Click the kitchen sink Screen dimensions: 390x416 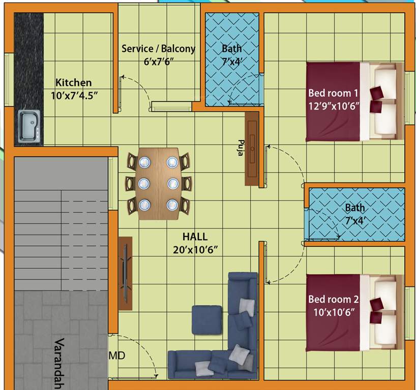[29, 126]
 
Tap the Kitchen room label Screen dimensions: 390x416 [74, 82]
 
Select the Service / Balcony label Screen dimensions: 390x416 [158, 49]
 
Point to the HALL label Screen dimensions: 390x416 [195, 237]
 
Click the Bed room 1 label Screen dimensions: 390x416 [333, 93]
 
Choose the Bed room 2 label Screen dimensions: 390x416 [333, 299]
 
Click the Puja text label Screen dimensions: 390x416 [241, 147]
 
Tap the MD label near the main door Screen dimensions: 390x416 [117, 356]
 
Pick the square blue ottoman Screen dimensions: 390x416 [206, 319]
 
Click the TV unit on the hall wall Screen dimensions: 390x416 [125, 273]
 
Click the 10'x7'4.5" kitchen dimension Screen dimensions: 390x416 [74, 95]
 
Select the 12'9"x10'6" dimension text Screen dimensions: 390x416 [333, 106]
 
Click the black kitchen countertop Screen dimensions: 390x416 [28, 61]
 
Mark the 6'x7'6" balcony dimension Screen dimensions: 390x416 [158, 61]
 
